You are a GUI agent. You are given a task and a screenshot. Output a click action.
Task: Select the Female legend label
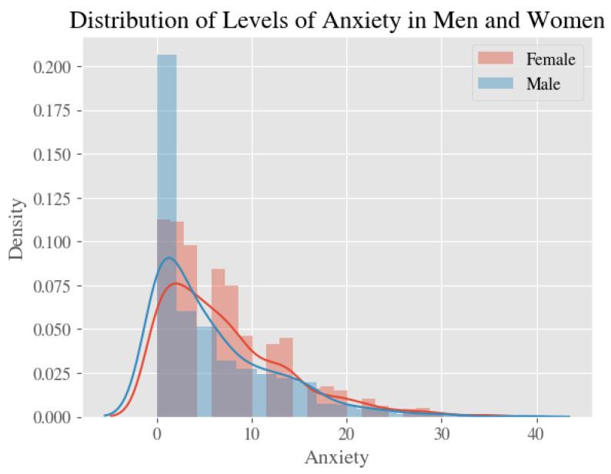[x=550, y=58]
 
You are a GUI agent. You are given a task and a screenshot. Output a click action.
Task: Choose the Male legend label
[x=543, y=85]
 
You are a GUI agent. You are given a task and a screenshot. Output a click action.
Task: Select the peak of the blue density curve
[x=169, y=258]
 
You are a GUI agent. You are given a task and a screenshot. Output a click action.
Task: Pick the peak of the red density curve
[x=175, y=283]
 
